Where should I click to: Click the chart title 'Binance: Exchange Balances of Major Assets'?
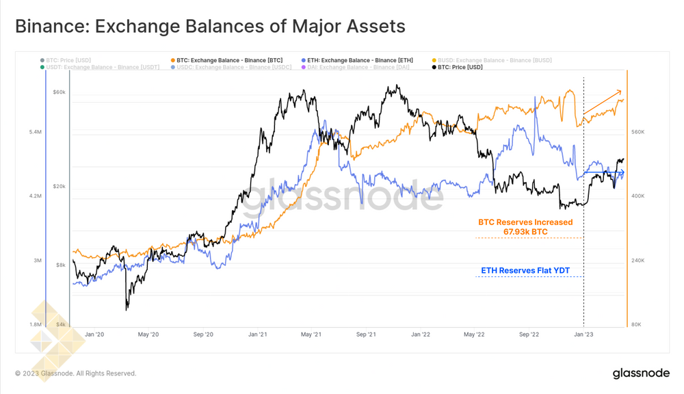(x=210, y=27)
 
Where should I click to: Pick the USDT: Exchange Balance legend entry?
(x=103, y=67)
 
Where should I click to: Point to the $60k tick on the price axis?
(x=59, y=92)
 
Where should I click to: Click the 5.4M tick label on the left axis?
(x=36, y=131)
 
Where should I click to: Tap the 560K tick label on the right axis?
(x=637, y=131)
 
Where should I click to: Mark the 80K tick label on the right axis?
(x=636, y=324)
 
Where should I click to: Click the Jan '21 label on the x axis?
(x=257, y=334)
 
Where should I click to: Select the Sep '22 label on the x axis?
(x=529, y=334)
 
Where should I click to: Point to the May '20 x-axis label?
(x=148, y=334)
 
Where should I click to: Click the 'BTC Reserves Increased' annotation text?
(x=525, y=222)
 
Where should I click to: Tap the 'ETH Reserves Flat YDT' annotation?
(x=525, y=271)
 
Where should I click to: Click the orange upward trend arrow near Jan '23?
(x=602, y=101)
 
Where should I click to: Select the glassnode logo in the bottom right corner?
(x=640, y=373)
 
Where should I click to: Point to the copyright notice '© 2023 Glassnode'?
(x=76, y=373)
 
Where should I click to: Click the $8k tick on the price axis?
(x=61, y=265)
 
